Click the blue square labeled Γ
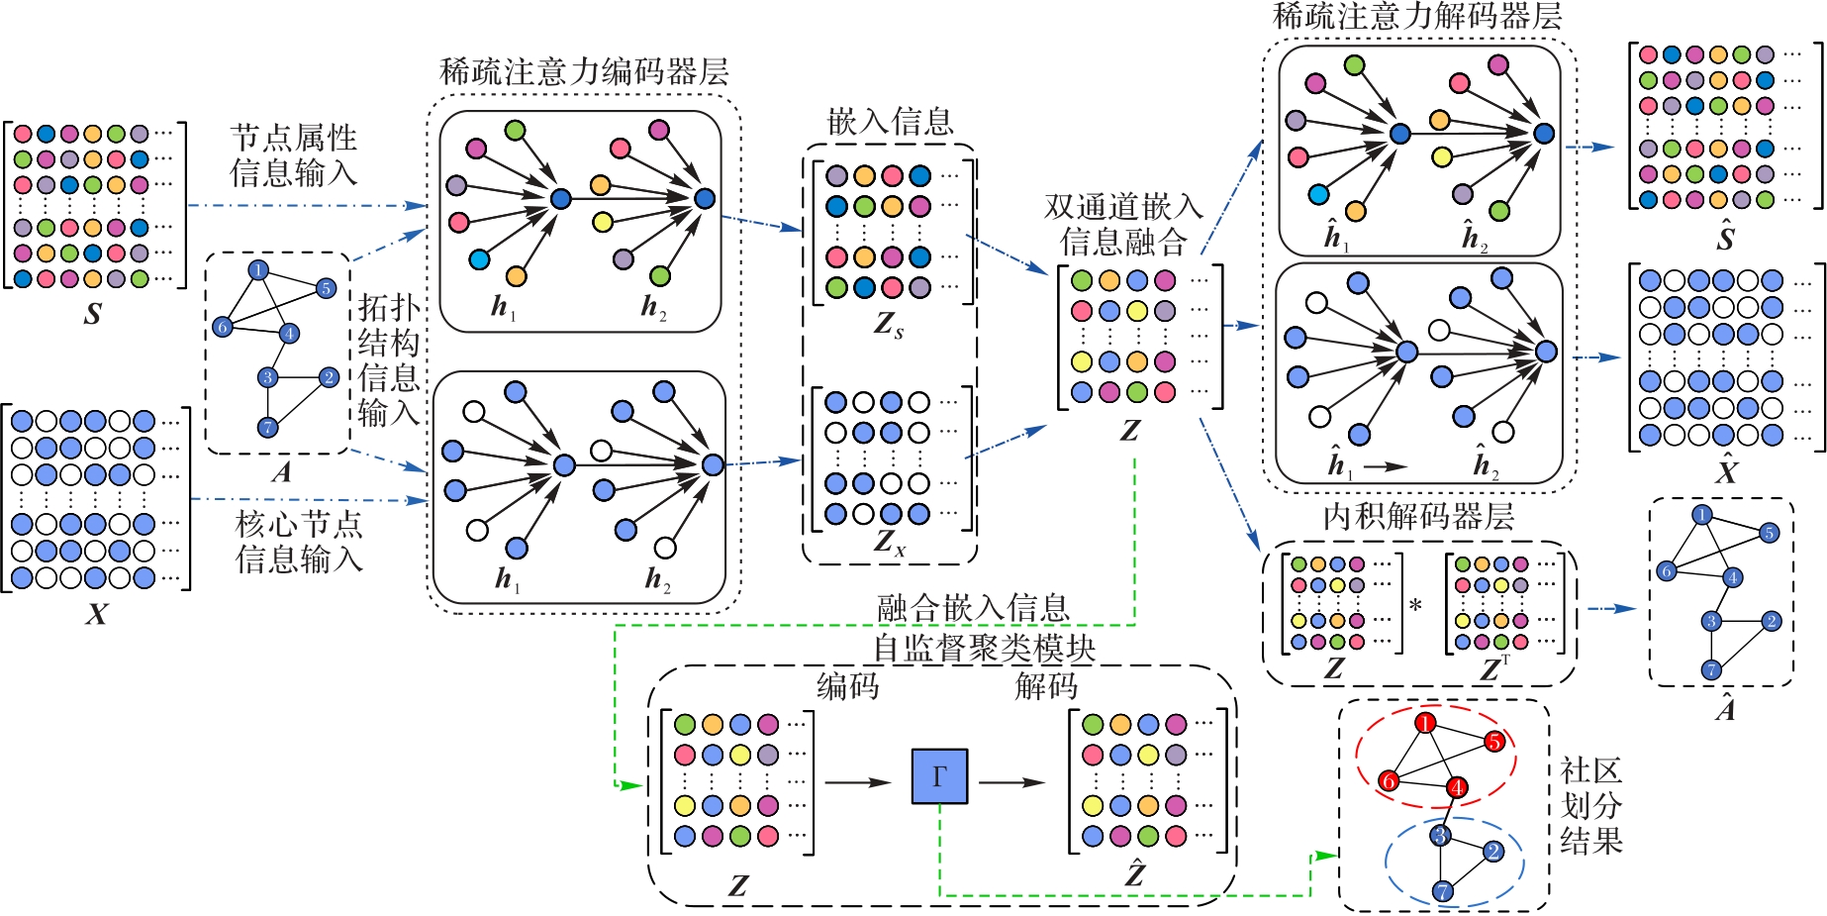click(x=939, y=775)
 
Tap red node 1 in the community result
click(x=1425, y=723)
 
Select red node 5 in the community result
click(x=1494, y=742)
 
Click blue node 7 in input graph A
click(x=267, y=427)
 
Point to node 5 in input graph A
click(x=326, y=288)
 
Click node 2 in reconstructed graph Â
click(x=1772, y=621)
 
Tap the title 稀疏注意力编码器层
click(x=584, y=71)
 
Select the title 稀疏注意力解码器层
click(x=1417, y=16)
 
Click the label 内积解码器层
click(x=1418, y=516)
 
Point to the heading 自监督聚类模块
click(x=984, y=649)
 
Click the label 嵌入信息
click(x=890, y=121)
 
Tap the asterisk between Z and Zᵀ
click(x=1415, y=605)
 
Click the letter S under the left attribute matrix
click(x=93, y=314)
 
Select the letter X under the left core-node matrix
click(x=96, y=614)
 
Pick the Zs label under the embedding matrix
click(x=889, y=324)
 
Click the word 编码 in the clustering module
click(x=848, y=685)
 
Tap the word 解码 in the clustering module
click(x=1046, y=685)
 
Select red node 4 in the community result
click(x=1457, y=787)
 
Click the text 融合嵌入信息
click(x=974, y=608)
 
